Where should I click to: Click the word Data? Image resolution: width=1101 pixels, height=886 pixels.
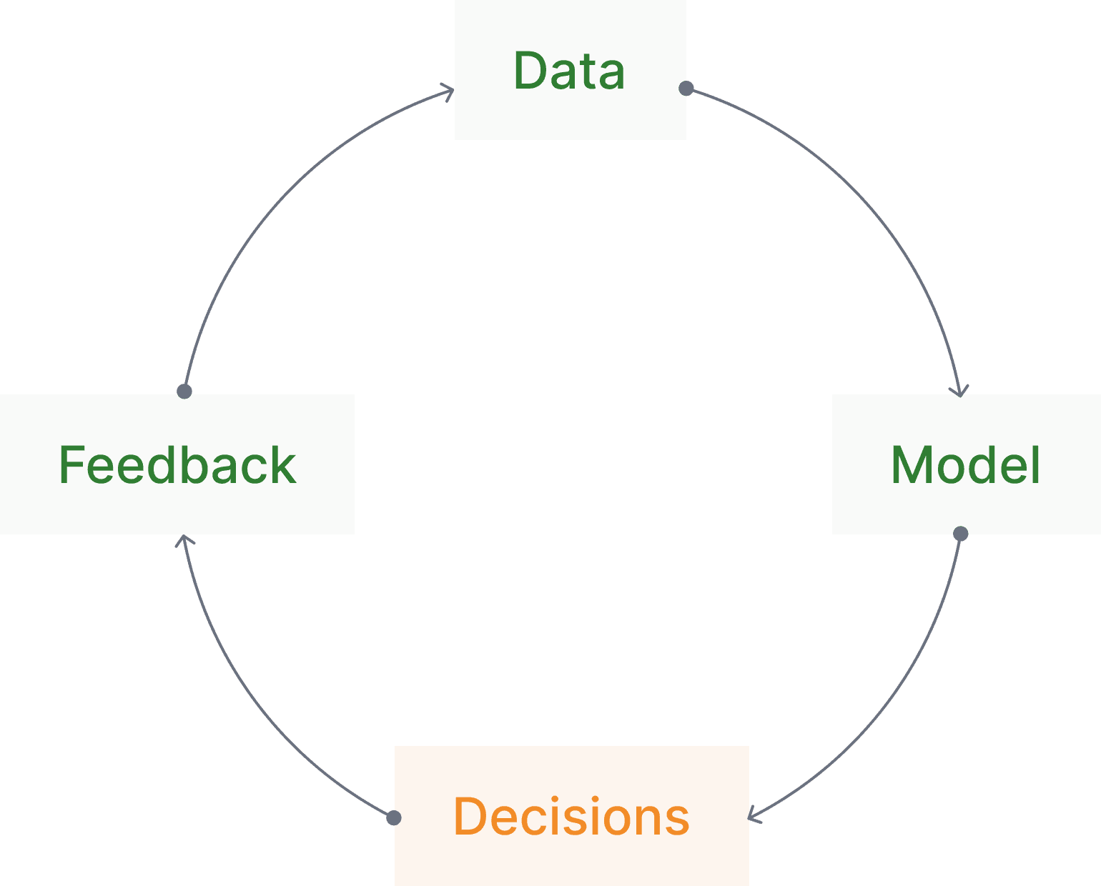coord(569,71)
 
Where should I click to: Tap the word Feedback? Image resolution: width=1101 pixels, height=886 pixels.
coord(177,465)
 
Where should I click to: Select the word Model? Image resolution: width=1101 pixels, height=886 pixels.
coord(965,465)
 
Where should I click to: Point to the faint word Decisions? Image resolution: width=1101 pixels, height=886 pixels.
coord(571,817)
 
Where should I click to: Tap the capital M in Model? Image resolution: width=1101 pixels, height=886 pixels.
coord(912,465)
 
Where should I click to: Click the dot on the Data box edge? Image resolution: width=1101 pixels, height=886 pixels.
coord(686,89)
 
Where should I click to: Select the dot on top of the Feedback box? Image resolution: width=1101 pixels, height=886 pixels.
coord(184,391)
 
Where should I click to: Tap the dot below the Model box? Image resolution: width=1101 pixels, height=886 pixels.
coord(961,534)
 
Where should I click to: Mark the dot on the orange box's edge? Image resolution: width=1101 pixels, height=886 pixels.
coord(394,817)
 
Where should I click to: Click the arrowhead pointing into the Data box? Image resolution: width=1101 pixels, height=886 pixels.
coord(449,91)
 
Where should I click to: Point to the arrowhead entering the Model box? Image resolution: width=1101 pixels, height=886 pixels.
coord(959,390)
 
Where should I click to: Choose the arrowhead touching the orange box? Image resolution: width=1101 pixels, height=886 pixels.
coord(754,815)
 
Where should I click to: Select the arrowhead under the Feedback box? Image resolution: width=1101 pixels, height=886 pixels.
coord(185,541)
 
